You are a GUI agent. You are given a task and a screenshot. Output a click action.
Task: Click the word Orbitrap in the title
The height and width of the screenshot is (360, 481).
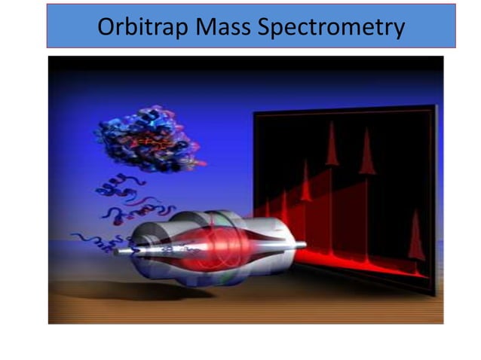pyautogui.click(x=142, y=27)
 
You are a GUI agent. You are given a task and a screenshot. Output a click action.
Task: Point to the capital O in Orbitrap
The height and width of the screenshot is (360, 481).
pyautogui.click(x=107, y=27)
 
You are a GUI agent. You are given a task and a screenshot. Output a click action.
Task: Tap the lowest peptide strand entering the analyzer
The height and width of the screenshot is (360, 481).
pyautogui.click(x=94, y=241)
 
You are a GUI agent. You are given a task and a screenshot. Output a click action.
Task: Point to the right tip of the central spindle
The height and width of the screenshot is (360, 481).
pyautogui.click(x=303, y=245)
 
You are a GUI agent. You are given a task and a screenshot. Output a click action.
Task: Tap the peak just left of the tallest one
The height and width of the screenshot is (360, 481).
pyautogui.click(x=305, y=184)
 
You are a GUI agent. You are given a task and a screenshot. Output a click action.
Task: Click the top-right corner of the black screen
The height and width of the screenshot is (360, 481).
pyautogui.click(x=436, y=107)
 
